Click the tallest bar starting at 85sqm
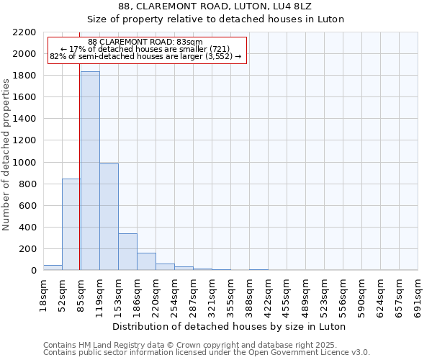click(x=90, y=171)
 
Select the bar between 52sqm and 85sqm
click(x=71, y=224)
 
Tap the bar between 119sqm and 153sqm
click(x=109, y=217)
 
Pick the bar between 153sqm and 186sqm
click(x=127, y=251)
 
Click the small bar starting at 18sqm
click(x=53, y=268)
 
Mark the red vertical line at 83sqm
click(x=79, y=166)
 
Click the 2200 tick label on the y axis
click(x=24, y=32)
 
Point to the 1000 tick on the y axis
click(x=24, y=163)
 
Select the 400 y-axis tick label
click(x=27, y=228)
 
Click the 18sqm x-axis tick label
click(x=44, y=293)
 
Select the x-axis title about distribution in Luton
click(x=230, y=326)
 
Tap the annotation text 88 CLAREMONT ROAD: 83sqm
click(x=147, y=42)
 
